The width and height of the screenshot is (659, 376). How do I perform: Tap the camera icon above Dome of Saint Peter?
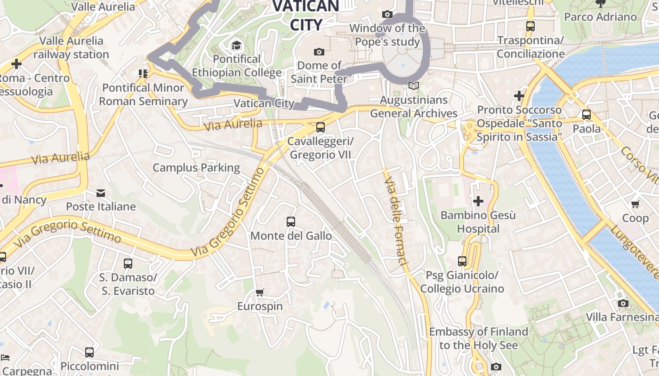click(x=319, y=52)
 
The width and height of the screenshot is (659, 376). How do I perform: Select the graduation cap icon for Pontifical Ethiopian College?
click(x=236, y=46)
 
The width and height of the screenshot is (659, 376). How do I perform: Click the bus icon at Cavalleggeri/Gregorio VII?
click(x=321, y=127)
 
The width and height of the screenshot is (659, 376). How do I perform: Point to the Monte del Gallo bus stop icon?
click(x=291, y=222)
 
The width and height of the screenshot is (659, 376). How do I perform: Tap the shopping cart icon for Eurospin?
click(x=259, y=292)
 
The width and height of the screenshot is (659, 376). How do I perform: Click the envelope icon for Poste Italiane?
click(x=101, y=193)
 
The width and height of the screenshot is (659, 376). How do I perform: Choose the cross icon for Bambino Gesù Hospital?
click(x=478, y=202)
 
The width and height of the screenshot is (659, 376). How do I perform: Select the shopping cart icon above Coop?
click(x=635, y=204)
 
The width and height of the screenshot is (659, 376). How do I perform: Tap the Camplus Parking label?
click(x=196, y=168)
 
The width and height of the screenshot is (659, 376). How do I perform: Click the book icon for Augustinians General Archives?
click(x=414, y=86)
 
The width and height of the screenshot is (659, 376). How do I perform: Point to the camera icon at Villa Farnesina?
click(x=623, y=303)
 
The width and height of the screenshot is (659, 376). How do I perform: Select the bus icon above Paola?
click(x=587, y=114)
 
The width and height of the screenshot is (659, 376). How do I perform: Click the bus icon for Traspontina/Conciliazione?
click(x=530, y=26)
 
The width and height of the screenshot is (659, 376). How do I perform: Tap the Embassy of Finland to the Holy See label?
click(x=479, y=338)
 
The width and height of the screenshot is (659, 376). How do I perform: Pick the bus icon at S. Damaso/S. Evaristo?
click(x=128, y=264)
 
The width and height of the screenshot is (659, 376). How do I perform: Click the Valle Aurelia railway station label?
click(x=71, y=47)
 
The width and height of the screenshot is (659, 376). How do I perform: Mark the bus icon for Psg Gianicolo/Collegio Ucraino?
click(x=462, y=261)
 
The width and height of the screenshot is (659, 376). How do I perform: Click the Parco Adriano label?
click(x=600, y=17)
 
